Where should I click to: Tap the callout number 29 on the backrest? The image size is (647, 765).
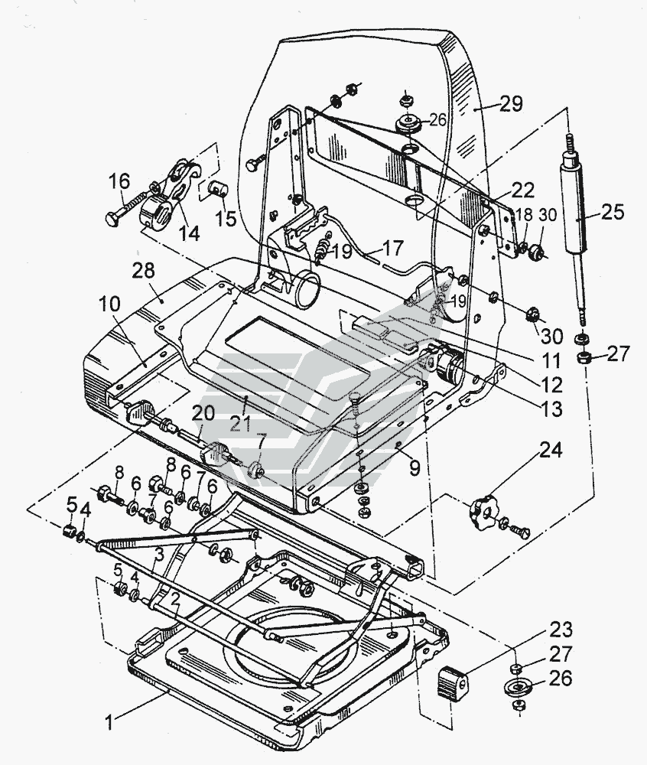[x=510, y=104]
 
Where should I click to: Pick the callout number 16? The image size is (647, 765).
[x=119, y=181]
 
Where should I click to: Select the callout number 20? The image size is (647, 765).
[x=203, y=414]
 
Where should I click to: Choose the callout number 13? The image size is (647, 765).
[x=551, y=409]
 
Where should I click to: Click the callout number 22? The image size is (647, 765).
[x=524, y=190]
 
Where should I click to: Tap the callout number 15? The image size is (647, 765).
[x=226, y=217]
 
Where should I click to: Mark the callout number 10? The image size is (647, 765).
[x=110, y=304]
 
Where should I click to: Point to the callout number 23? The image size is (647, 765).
[x=561, y=630]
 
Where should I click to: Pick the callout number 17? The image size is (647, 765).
[x=393, y=249]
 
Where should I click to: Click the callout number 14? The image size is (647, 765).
[x=189, y=233]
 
